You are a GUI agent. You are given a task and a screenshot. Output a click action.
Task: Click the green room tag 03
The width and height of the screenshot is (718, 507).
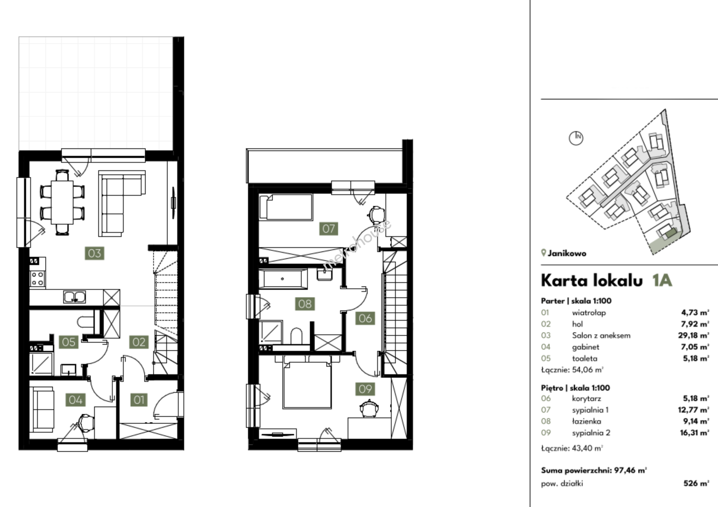94,253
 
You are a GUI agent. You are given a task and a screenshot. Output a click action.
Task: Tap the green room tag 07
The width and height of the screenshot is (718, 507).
328,229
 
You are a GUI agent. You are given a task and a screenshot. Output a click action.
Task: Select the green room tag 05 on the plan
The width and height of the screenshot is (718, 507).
69,342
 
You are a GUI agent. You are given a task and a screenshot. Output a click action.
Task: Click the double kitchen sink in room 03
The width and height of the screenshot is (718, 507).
74,297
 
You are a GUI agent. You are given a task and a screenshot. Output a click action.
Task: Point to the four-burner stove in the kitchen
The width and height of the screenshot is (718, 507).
38,278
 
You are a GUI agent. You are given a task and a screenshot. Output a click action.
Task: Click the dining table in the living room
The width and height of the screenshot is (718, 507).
62,202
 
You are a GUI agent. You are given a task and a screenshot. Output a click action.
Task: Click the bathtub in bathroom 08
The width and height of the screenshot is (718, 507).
283,279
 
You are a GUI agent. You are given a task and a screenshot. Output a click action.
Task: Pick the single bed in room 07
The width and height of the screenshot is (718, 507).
286,207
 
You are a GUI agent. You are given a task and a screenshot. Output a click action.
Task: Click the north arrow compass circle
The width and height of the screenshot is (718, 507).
576,138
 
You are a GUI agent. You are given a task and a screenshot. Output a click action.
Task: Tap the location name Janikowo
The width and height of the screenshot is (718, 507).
567,253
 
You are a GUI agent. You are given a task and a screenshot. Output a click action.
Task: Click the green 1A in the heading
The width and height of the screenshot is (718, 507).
662,281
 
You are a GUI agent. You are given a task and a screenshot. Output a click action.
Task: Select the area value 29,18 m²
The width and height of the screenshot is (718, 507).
695,335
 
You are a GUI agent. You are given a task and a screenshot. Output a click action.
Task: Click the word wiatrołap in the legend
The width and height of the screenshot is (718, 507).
589,313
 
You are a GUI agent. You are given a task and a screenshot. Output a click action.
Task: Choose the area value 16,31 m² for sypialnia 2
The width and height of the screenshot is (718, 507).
695,433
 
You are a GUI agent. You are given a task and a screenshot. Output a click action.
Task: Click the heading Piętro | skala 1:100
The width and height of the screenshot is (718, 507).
575,388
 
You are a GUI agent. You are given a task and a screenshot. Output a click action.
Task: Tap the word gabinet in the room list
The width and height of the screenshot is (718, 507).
585,347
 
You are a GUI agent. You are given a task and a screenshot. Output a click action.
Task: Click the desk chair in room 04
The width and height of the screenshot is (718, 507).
86,422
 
